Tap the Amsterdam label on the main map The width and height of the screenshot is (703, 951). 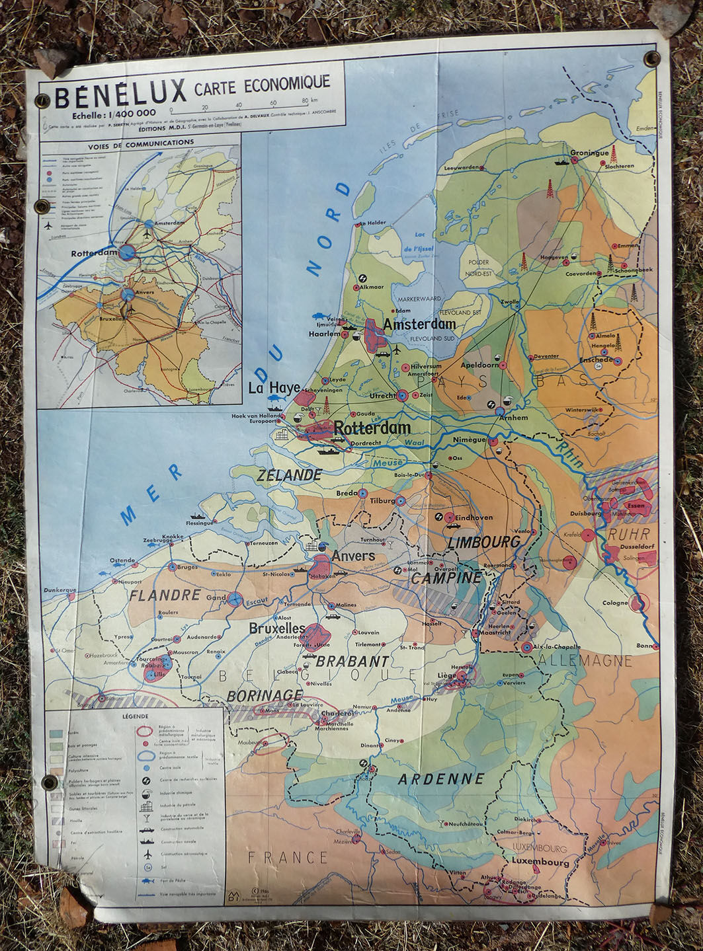(420, 324)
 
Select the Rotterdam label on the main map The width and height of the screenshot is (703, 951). (372, 429)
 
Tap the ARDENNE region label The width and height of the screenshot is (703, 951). (441, 779)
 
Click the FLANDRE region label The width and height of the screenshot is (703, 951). (165, 595)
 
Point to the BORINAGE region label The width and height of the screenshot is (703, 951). (265, 695)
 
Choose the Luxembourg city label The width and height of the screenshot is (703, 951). (540, 863)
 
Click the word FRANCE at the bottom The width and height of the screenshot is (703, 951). (288, 858)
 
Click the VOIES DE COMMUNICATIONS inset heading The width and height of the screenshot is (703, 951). (140, 142)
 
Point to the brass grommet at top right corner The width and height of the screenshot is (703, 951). (653, 58)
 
